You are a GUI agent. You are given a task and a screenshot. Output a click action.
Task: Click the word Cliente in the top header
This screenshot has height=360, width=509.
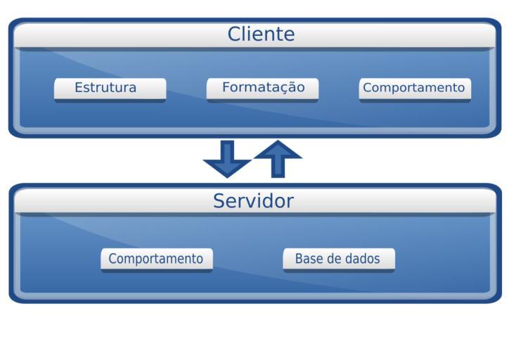261,34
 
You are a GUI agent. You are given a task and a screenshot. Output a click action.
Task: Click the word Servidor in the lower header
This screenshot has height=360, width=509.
253,201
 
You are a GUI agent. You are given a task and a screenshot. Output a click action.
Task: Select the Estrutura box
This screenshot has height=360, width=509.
110,89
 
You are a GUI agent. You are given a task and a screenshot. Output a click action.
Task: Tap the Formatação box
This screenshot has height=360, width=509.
262,88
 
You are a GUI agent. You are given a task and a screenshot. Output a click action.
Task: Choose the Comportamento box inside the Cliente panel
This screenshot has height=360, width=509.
414,89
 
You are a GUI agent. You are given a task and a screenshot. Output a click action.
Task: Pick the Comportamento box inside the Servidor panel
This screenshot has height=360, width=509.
156,259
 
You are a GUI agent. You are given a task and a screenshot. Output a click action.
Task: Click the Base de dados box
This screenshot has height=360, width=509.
338,259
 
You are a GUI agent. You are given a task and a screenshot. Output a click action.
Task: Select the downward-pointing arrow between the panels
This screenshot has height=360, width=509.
227,158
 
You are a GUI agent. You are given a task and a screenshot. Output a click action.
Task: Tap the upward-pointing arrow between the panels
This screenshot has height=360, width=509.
278,158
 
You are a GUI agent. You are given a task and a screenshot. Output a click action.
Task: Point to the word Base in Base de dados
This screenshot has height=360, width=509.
308,259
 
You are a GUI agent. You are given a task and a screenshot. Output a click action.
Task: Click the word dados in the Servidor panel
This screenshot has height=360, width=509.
363,259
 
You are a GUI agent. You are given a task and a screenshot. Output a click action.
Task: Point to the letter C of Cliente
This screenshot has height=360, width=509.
235,34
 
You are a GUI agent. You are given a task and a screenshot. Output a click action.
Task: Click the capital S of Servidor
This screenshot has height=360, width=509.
219,201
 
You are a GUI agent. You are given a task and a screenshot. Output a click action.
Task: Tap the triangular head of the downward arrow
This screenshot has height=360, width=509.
227,168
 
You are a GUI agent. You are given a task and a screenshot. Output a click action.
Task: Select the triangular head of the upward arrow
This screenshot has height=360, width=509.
278,150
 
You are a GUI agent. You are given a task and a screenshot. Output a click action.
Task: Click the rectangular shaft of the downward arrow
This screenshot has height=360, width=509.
227,149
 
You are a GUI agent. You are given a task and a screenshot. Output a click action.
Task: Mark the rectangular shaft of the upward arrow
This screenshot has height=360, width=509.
278,167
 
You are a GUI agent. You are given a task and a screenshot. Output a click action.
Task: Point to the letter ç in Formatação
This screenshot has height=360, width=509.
279,89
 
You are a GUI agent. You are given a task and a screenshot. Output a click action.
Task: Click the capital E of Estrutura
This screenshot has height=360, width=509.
79,88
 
